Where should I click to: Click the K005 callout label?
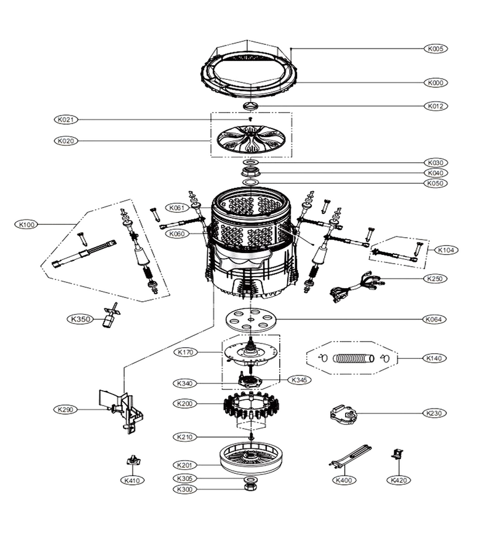click(435, 49)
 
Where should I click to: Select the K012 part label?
click(435, 106)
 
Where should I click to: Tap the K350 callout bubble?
click(81, 319)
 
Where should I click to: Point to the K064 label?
click(434, 319)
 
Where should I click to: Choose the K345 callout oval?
click(300, 380)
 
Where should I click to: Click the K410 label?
click(132, 480)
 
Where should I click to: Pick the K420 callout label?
click(399, 480)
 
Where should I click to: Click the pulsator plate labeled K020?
click(252, 140)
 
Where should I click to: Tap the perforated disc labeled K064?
click(250, 320)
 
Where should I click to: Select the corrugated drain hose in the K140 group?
click(353, 358)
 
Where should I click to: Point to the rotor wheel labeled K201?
click(252, 458)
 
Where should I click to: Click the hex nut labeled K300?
click(250, 488)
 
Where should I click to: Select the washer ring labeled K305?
click(250, 480)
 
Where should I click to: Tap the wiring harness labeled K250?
click(357, 286)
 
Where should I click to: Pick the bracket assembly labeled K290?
click(121, 411)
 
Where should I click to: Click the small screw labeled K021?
click(250, 119)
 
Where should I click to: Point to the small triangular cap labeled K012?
click(251, 106)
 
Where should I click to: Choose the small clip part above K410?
click(132, 460)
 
